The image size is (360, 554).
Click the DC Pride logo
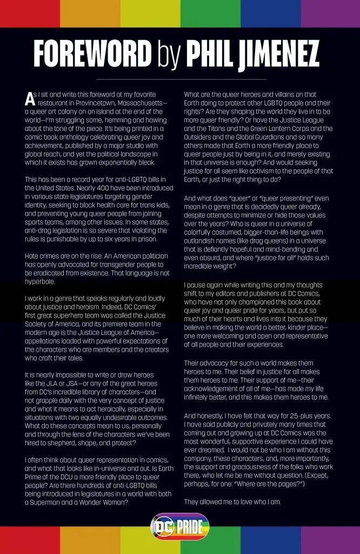coord(179,526)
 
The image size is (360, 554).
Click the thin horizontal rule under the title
coord(179,79)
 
